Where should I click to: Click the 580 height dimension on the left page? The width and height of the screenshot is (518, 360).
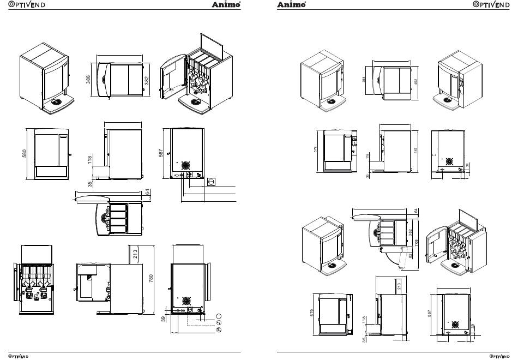point(24,154)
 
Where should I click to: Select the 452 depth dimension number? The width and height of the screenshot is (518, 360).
point(415,82)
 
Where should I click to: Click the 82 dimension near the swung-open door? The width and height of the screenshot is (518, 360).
point(410,255)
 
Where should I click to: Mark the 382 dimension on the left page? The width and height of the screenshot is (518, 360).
point(146,81)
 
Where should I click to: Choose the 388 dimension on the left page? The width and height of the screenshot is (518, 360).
point(88,80)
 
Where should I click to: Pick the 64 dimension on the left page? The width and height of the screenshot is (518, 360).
point(147,191)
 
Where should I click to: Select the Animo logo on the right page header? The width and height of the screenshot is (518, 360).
point(292,5)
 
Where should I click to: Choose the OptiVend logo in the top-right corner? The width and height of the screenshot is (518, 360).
point(492,5)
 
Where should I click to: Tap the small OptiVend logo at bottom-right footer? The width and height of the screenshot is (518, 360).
point(501,356)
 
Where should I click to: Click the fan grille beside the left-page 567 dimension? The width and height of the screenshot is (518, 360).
point(186,165)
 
